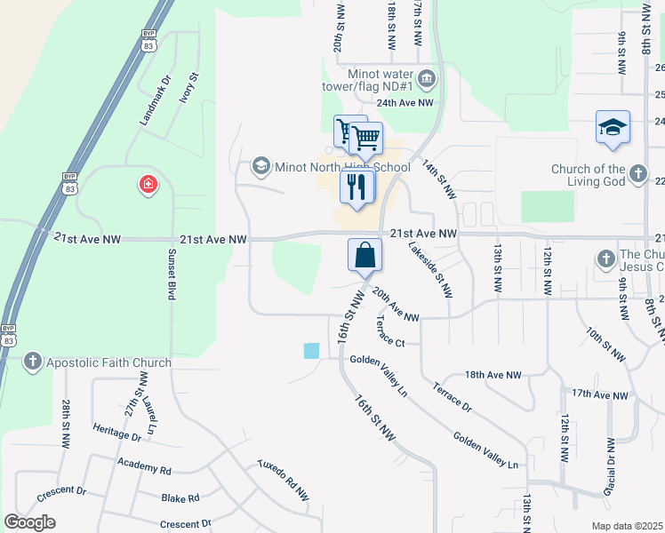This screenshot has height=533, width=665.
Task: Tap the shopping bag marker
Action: (x=365, y=256)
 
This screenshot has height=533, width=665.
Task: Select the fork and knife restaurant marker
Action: (x=357, y=187)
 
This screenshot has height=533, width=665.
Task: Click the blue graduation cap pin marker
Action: (x=613, y=127)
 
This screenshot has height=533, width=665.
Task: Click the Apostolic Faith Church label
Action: (x=108, y=362)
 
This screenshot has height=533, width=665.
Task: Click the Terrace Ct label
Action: (x=389, y=331)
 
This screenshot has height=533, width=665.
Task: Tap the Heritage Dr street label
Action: (x=116, y=433)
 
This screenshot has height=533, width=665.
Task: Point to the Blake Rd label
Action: (x=180, y=498)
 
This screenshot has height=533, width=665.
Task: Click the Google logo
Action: (x=30, y=522)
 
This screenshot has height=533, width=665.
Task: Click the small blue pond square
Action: (x=311, y=351)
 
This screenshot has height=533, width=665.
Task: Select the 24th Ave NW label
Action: (x=406, y=103)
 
